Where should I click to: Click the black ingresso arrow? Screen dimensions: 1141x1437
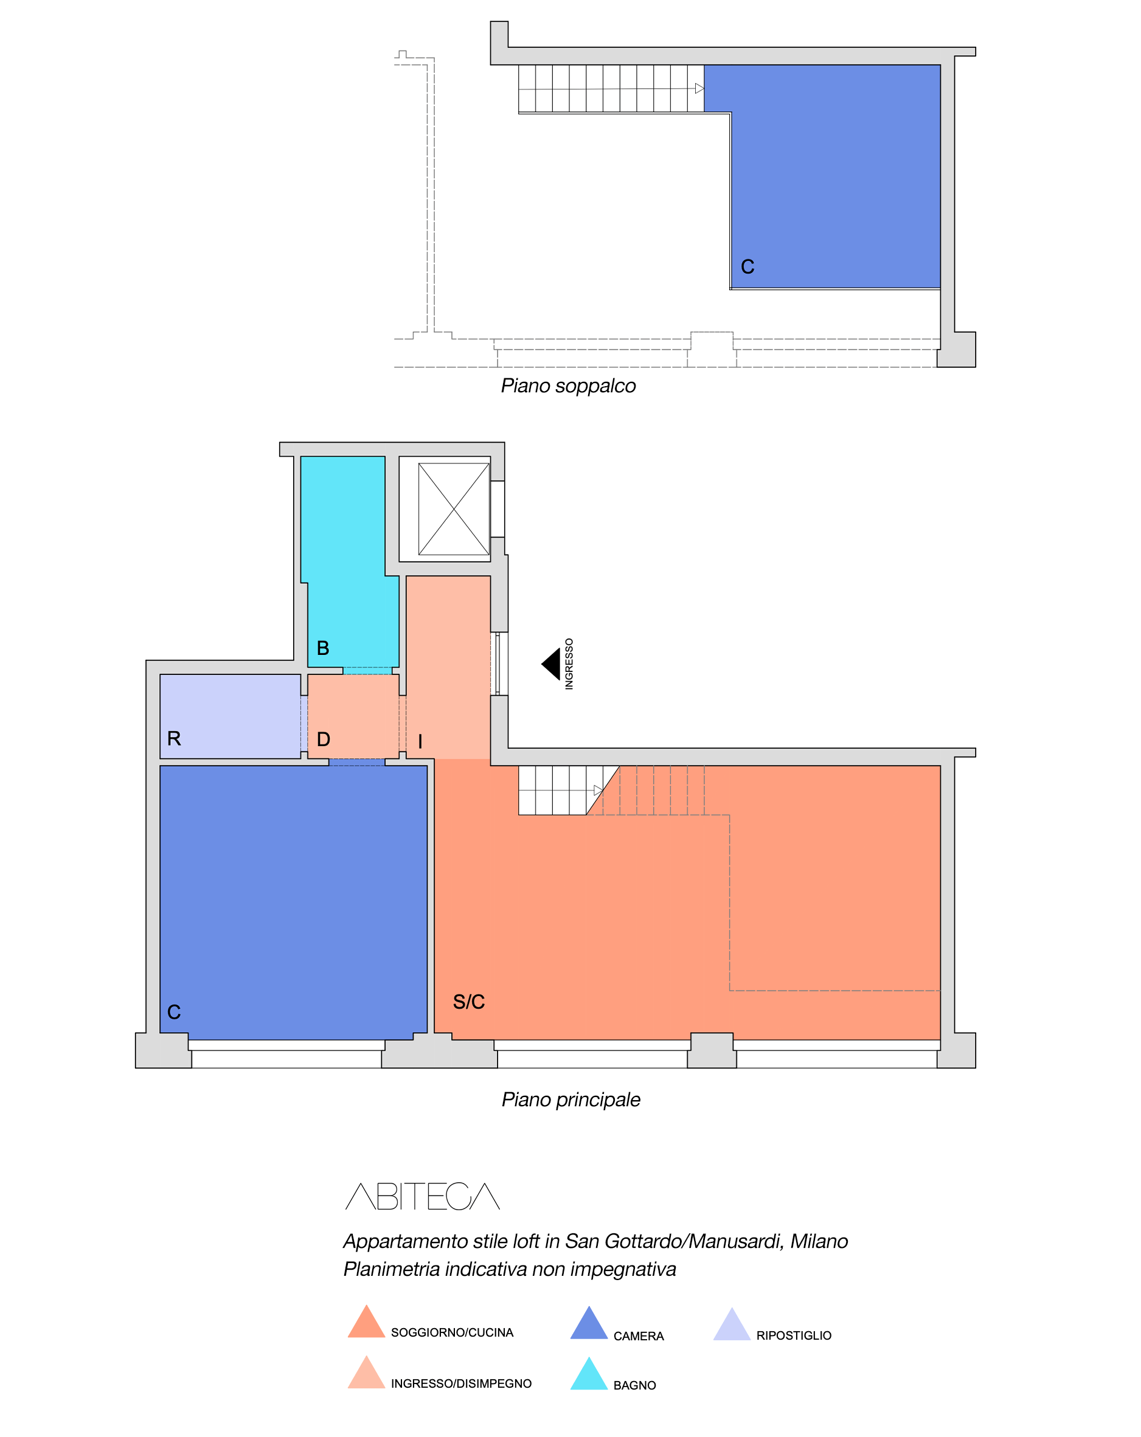coord(552,665)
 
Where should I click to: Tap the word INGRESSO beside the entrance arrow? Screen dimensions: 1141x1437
coord(569,664)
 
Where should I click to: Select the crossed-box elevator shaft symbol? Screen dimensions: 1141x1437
coord(454,509)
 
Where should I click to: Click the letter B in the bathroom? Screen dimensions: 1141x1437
coord(323,648)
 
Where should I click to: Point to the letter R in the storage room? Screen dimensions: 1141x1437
coord(174,738)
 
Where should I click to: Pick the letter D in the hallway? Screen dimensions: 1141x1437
coord(323,739)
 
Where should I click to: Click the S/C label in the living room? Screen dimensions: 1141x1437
coord(468,1002)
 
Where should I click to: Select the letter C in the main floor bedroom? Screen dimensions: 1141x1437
coord(174,1013)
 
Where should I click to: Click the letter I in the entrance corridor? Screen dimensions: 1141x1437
coord(420,742)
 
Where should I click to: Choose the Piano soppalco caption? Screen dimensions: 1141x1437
coord(569,387)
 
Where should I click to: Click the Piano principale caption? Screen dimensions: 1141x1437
coord(571,1099)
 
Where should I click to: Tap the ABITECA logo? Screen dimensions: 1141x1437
coord(423,1196)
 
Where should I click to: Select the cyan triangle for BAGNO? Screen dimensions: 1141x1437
coord(589,1374)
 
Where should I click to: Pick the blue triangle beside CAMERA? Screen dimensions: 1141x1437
coord(589,1323)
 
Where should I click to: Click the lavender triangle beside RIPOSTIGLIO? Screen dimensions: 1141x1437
coord(732,1324)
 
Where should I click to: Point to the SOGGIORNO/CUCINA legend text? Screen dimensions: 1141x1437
coord(452,1333)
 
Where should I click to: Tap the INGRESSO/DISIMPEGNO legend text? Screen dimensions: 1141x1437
coord(461,1383)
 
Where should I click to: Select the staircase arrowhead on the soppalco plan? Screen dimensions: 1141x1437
coord(699,89)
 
